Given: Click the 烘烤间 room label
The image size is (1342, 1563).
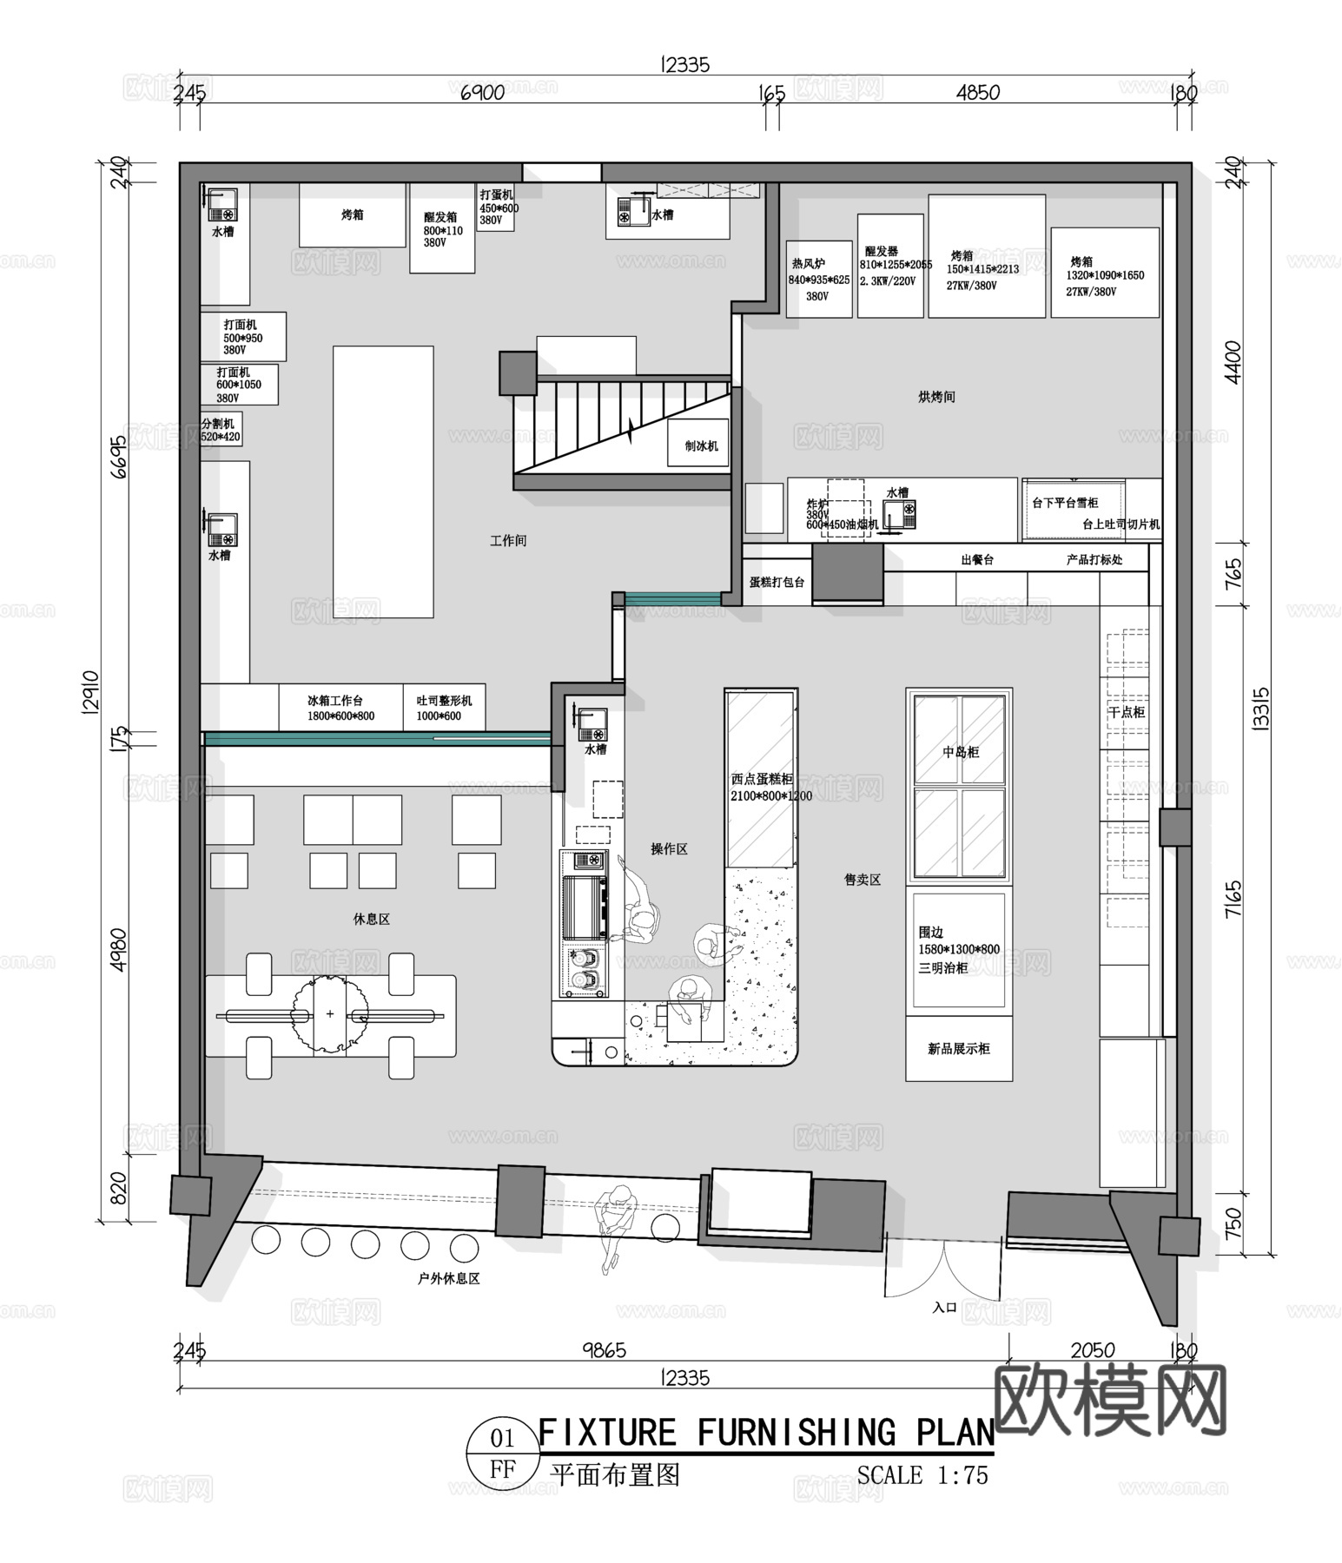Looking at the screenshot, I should [x=936, y=397].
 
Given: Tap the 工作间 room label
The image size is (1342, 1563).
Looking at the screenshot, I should [x=508, y=541].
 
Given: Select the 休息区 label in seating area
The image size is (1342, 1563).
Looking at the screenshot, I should [x=372, y=919].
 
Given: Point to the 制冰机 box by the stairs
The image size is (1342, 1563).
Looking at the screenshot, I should [x=700, y=445].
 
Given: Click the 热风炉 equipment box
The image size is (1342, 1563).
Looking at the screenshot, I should [x=818, y=278].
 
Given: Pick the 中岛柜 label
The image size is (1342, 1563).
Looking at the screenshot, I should [x=961, y=752].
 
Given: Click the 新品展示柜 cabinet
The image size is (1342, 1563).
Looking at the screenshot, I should [x=959, y=1049].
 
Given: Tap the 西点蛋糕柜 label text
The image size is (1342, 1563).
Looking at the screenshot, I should [x=762, y=780].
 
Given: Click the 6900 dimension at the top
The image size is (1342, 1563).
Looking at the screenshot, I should [x=482, y=93].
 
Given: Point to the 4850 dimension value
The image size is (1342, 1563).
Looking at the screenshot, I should [x=977, y=93].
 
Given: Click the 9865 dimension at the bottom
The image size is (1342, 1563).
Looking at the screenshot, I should [x=604, y=1350].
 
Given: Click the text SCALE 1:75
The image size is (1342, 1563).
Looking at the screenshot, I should [x=922, y=1475].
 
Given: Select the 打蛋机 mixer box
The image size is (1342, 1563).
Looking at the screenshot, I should [x=497, y=208].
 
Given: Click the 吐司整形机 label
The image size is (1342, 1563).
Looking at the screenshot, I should [x=444, y=701].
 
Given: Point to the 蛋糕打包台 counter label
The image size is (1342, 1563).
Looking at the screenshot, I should [x=777, y=583].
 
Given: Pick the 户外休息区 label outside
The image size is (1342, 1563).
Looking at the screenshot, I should [x=449, y=1278].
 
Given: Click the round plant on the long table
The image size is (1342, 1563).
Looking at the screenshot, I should [x=330, y=1013].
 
